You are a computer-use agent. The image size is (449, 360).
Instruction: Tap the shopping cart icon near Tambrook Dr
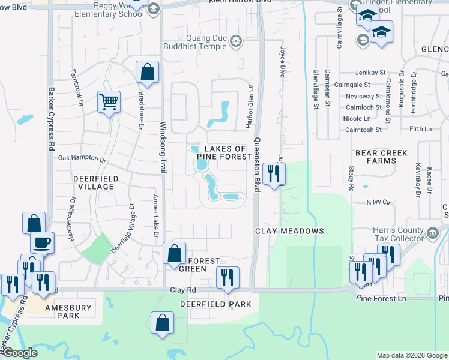109,101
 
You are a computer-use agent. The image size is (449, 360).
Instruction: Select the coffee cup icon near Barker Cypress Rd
41,242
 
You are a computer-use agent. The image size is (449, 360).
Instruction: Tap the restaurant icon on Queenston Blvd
274,175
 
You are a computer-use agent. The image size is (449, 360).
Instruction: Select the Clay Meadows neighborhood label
289,231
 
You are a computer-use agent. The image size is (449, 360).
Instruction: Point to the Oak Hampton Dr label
82,160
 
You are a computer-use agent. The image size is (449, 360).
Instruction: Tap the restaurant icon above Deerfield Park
228,277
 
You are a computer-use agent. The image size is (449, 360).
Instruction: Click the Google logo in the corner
20,353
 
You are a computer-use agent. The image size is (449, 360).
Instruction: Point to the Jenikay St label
368,71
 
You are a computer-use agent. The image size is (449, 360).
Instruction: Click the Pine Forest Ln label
381,298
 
